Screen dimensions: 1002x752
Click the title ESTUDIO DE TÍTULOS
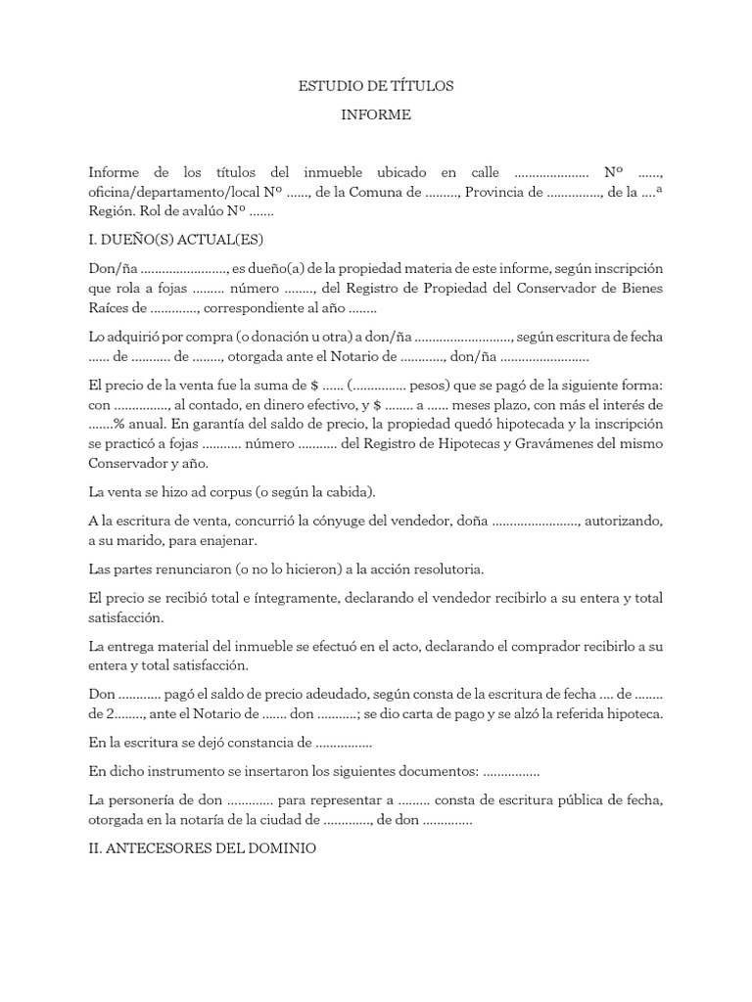click(x=376, y=86)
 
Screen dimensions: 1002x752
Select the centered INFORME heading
click(x=376, y=115)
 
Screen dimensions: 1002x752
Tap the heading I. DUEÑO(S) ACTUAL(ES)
click(x=176, y=240)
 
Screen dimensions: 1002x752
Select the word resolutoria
click(x=440, y=569)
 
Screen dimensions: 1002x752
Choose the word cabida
click(x=347, y=491)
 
